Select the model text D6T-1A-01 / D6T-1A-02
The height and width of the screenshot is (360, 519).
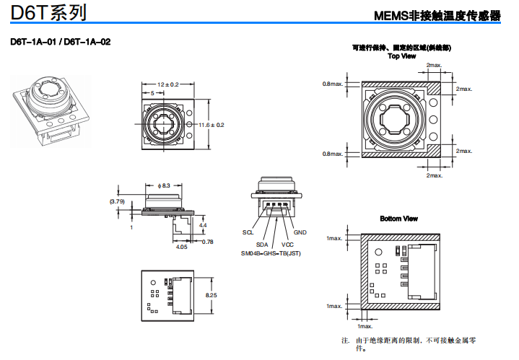(x=61, y=41)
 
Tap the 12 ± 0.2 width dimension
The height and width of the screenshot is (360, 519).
(x=168, y=84)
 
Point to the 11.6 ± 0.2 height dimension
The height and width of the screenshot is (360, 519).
(x=211, y=125)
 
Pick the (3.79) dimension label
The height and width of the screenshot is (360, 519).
(x=117, y=201)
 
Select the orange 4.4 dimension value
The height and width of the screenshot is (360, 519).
(x=203, y=226)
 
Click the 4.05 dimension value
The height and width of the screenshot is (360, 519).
(x=182, y=247)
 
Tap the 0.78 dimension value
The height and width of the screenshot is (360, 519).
(x=207, y=242)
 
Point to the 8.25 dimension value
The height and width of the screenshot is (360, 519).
(x=211, y=296)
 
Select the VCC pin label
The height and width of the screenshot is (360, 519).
(x=287, y=245)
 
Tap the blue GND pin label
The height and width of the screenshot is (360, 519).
(x=300, y=232)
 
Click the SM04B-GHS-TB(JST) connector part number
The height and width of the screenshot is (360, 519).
(x=271, y=254)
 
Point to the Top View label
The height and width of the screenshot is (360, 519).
(x=401, y=56)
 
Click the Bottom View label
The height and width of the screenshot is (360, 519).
(x=398, y=219)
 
